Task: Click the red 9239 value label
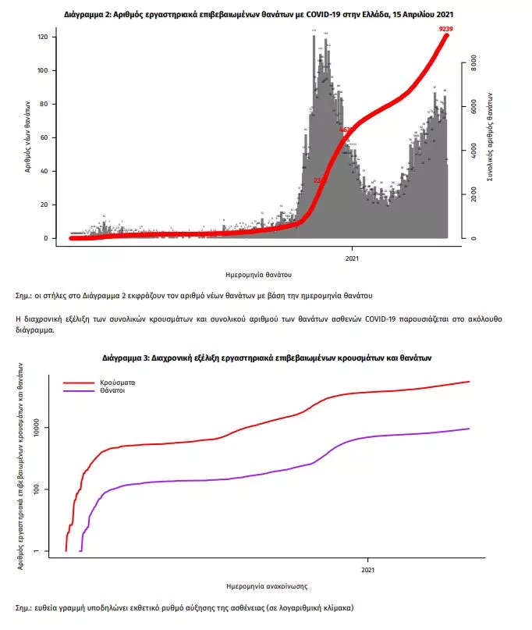click(x=446, y=29)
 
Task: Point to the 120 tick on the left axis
click(x=43, y=37)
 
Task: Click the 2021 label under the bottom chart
click(x=366, y=570)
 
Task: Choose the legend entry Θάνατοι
click(x=112, y=390)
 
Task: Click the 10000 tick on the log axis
click(x=41, y=428)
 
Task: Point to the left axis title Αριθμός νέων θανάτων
click(x=27, y=137)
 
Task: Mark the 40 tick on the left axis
click(x=45, y=172)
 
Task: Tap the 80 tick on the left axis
click(x=45, y=105)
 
